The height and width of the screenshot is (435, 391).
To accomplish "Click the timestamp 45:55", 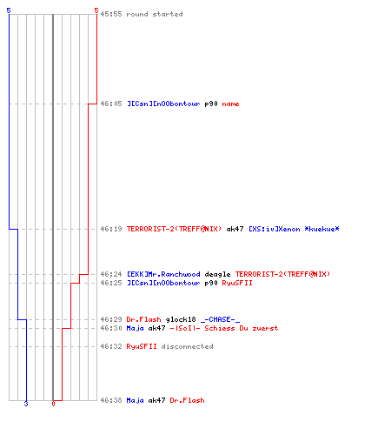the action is point(111,14).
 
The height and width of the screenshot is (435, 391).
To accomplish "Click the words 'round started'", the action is point(155,14).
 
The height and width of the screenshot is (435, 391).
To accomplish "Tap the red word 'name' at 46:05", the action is point(230,104).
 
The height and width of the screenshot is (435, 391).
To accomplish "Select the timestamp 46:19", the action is point(111,229).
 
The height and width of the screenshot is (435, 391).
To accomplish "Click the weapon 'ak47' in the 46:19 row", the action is point(235,229).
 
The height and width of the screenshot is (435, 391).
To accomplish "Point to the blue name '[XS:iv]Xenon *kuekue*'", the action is point(294,229).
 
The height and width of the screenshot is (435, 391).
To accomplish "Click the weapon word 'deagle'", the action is point(217,274).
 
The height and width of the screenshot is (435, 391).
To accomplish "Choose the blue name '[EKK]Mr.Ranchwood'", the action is point(163,274).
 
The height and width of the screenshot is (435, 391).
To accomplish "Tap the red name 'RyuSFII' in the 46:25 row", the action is point(237,283).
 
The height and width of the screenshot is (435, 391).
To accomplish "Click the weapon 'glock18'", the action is point(181,319).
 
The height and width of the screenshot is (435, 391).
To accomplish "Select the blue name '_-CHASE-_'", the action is point(220,319).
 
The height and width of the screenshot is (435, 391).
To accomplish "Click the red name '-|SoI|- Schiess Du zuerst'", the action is point(224,328).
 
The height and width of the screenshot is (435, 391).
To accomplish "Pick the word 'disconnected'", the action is point(187,346).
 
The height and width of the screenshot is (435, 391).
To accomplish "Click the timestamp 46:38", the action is point(111,400).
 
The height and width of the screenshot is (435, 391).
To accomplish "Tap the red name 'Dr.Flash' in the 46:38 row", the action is point(187,400).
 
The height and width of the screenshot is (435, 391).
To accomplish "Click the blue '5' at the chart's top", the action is point(9,10).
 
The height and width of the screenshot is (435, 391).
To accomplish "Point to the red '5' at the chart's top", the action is point(96,10).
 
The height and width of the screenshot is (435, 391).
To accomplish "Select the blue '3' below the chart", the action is point(26,404).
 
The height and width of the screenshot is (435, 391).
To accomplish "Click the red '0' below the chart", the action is point(53,404).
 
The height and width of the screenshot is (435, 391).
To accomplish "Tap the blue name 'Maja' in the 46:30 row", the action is point(136,328).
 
